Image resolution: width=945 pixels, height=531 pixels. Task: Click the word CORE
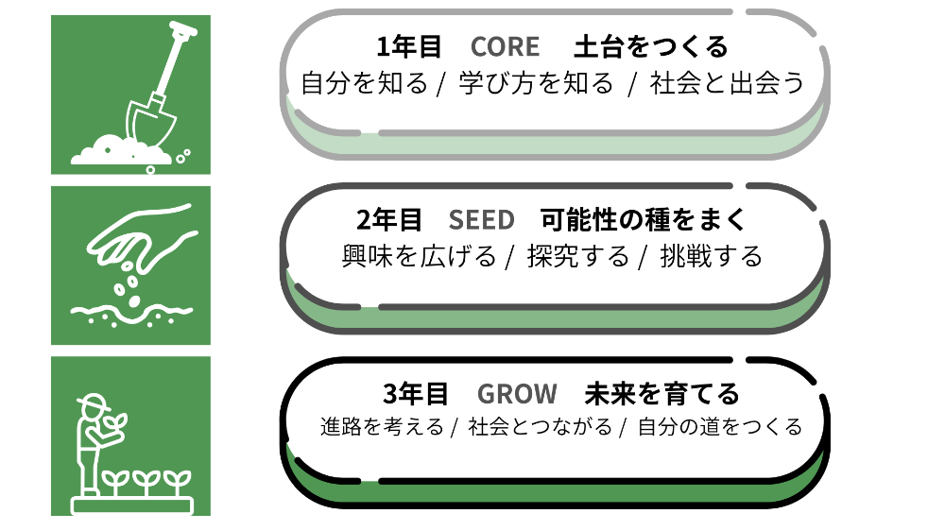pos(505,47)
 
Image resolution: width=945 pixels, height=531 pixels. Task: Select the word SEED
pos(482,220)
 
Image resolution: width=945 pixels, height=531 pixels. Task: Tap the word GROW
pos(517,394)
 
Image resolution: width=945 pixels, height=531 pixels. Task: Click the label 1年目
pos(409,47)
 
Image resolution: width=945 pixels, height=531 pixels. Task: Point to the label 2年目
pos(388,220)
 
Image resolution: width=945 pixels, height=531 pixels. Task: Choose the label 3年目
pos(416,394)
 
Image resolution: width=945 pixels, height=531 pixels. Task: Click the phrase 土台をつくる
pos(651,47)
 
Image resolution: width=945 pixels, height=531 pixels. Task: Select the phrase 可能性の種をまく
pos(643,220)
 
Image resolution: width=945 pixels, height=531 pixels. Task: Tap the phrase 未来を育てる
pos(661,394)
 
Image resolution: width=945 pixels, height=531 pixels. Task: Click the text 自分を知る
pos(364,83)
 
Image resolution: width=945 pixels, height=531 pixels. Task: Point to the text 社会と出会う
pos(727,83)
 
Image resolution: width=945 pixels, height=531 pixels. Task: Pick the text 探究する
pos(578,257)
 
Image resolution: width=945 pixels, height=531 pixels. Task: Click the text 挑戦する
pos(712,257)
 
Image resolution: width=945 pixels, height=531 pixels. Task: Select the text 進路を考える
pos(382,427)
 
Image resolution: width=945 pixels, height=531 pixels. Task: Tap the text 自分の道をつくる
pos(719,427)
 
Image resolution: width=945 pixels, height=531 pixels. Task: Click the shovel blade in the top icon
pos(150,122)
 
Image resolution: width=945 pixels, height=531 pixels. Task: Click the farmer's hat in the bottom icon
pos(92,402)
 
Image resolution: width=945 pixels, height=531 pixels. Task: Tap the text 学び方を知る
pos(535,83)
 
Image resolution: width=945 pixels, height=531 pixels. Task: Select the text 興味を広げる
pos(419,257)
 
